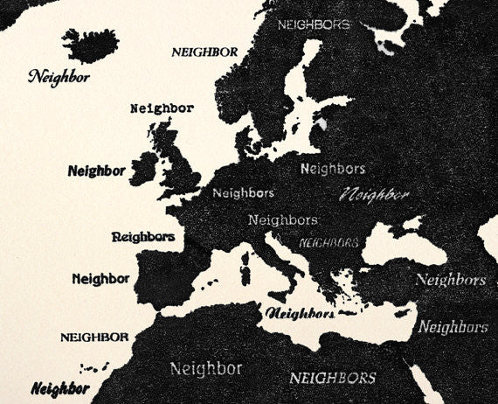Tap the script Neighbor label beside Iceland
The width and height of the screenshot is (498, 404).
click(x=59, y=76)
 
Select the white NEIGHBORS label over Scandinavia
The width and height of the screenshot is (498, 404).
click(x=313, y=25)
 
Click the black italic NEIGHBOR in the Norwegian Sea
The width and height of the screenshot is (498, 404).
click(x=204, y=52)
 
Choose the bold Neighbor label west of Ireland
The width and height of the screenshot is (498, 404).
click(x=96, y=171)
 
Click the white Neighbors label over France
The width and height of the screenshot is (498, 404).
click(x=243, y=192)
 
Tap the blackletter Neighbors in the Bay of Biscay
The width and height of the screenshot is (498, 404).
click(x=143, y=236)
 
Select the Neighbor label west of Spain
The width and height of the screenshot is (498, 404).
click(x=100, y=279)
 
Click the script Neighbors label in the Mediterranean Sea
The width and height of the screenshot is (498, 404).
click(x=300, y=312)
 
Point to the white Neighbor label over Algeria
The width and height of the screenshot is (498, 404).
click(x=206, y=367)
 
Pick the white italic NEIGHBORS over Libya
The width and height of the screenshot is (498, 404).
click(x=333, y=378)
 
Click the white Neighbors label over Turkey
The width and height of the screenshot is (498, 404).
click(x=450, y=280)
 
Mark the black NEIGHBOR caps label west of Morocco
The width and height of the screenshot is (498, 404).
click(x=94, y=337)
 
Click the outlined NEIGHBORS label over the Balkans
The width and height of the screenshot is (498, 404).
click(x=328, y=241)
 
